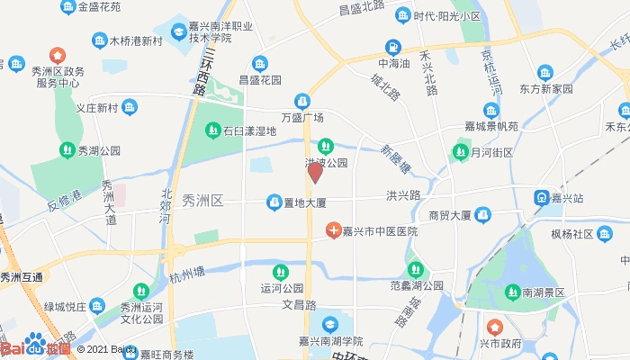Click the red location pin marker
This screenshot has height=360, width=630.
pos(315,173)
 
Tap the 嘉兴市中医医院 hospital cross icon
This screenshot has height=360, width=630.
pos(333,231)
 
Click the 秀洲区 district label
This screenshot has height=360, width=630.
pos(202,200)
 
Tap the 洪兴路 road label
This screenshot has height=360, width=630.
pos(403,194)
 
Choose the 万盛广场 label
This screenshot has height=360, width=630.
pos(302,118)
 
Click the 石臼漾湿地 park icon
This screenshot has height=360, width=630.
pos(212,131)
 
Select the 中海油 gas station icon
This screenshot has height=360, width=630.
pos(393,47)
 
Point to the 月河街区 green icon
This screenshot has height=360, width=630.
pos(461,152)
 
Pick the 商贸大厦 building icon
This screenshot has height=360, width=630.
pos(483,215)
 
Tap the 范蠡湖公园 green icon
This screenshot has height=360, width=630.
pos(415,268)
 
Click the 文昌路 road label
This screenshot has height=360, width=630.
pos(301,304)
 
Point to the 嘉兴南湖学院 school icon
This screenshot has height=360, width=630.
pos(332,324)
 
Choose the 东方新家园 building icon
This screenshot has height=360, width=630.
pos(545,72)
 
